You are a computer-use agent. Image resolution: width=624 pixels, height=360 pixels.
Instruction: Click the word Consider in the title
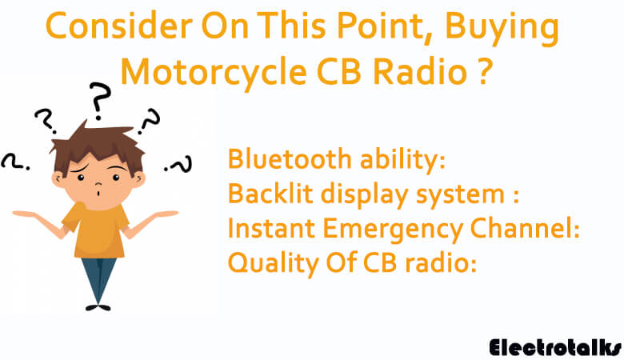[119, 26]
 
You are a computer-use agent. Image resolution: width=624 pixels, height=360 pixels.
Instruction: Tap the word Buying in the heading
[502, 29]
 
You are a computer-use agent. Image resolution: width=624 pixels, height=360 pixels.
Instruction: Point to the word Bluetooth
[290, 158]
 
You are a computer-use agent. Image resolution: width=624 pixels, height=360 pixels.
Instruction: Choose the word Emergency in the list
[393, 230]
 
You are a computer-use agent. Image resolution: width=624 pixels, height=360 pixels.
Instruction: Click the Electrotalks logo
[555, 347]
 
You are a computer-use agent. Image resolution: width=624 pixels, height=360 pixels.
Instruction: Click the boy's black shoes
[98, 307]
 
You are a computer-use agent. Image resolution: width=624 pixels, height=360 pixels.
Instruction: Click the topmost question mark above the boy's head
[99, 99]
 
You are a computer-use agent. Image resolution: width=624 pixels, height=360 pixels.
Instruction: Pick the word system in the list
[460, 196]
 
